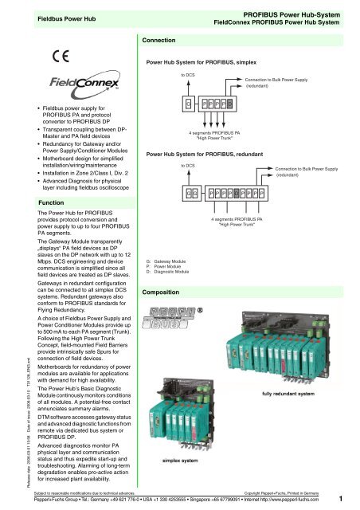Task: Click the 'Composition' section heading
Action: coord(166,292)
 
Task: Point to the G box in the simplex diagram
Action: coord(189,103)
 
